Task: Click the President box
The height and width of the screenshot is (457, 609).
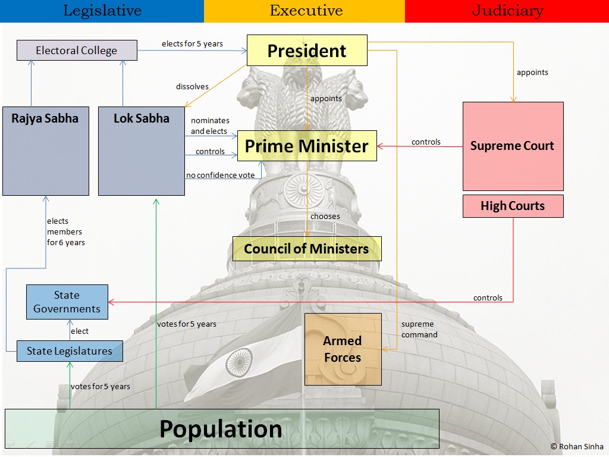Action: click(307, 51)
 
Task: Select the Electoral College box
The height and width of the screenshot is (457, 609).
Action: click(77, 51)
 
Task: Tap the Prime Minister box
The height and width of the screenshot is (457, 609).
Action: click(307, 146)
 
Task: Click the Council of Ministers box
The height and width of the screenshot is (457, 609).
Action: click(307, 249)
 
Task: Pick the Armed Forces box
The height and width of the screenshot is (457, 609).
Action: click(343, 349)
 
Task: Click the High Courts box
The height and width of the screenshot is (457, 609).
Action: click(513, 206)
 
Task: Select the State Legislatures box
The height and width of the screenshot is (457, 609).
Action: click(70, 351)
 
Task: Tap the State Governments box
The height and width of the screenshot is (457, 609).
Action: click(67, 302)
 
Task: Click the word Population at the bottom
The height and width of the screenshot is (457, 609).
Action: click(221, 429)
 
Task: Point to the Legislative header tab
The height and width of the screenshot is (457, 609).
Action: click(102, 11)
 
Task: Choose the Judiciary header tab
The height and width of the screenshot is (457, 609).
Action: click(507, 11)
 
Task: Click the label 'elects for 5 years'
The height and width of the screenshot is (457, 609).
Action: click(192, 43)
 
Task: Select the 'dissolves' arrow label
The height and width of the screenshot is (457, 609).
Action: click(192, 86)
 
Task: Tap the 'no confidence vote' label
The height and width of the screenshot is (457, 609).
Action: click(220, 175)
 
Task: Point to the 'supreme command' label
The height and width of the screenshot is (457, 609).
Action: click(419, 329)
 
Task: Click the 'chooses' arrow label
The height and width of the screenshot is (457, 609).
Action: click(325, 216)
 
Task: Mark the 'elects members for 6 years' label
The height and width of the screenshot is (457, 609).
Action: click(65, 231)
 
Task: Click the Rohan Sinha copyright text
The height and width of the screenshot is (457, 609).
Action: click(577, 446)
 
